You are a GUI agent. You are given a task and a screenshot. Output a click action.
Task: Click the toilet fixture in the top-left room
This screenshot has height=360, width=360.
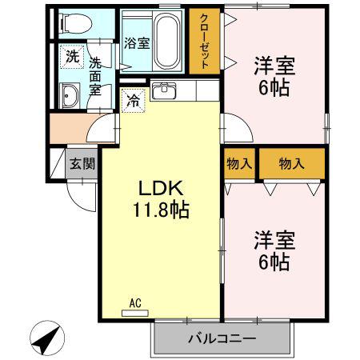click(x=75, y=23)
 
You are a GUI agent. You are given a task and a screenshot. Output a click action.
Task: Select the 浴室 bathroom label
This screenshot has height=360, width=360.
click(x=137, y=43)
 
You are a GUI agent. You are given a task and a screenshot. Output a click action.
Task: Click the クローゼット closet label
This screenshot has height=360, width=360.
click(x=204, y=41)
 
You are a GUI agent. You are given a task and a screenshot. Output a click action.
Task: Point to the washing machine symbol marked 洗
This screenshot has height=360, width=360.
click(x=72, y=57)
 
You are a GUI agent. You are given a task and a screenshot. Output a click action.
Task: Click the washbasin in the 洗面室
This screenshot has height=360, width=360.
click(x=70, y=95)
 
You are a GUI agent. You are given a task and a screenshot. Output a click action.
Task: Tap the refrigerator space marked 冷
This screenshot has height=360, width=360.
click(x=133, y=100)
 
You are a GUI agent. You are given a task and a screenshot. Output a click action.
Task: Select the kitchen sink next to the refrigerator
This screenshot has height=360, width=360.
click(x=163, y=90)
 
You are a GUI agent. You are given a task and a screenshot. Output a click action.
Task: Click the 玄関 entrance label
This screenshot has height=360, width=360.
click(x=82, y=163)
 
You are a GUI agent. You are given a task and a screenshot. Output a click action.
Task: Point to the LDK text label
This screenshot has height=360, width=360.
click(x=160, y=189)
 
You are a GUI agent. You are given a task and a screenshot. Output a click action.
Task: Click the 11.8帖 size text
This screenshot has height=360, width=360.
click(x=161, y=210)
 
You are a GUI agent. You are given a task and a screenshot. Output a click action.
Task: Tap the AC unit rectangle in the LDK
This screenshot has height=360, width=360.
click(x=134, y=313)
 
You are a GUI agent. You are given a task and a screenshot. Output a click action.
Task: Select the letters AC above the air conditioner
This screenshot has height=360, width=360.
click(x=135, y=303)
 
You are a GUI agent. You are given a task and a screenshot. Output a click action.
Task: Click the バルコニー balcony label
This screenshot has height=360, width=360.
click(x=222, y=338)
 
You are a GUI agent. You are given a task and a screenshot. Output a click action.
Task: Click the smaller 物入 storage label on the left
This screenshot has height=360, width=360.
click(x=239, y=163)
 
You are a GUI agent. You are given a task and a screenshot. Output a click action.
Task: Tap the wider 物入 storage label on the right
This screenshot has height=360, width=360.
click(x=291, y=163)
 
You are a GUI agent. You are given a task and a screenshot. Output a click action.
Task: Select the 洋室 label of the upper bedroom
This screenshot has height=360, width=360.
click(x=274, y=66)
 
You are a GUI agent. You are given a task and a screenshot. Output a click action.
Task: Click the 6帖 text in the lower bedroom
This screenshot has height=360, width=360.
click(x=274, y=262)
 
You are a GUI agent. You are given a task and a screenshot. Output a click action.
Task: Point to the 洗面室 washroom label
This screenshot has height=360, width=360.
click(x=95, y=76)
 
